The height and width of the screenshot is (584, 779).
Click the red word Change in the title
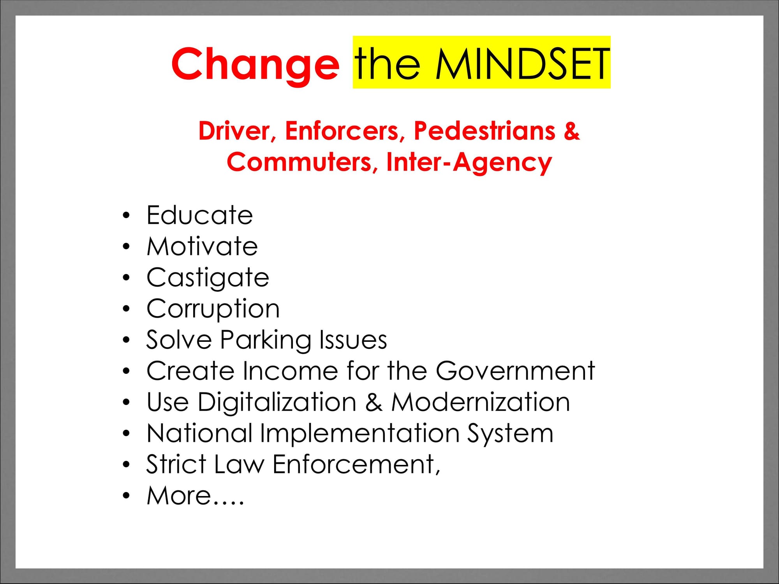click(255, 64)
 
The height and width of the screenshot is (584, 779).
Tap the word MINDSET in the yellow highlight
click(522, 63)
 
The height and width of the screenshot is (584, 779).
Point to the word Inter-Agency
click(469, 162)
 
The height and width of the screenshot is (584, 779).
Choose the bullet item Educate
click(200, 215)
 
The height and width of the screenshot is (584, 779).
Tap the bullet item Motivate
click(202, 246)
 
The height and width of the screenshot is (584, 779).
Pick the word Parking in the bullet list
click(266, 340)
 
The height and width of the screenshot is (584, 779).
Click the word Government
click(515, 371)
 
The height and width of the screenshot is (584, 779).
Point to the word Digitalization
click(277, 403)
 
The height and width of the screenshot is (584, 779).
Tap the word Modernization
click(481, 402)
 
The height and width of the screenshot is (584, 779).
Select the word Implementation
click(360, 434)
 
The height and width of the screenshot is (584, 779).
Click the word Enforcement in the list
click(356, 464)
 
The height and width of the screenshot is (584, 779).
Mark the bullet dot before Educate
click(125, 215)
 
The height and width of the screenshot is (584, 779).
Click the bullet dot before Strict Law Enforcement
click(125, 464)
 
